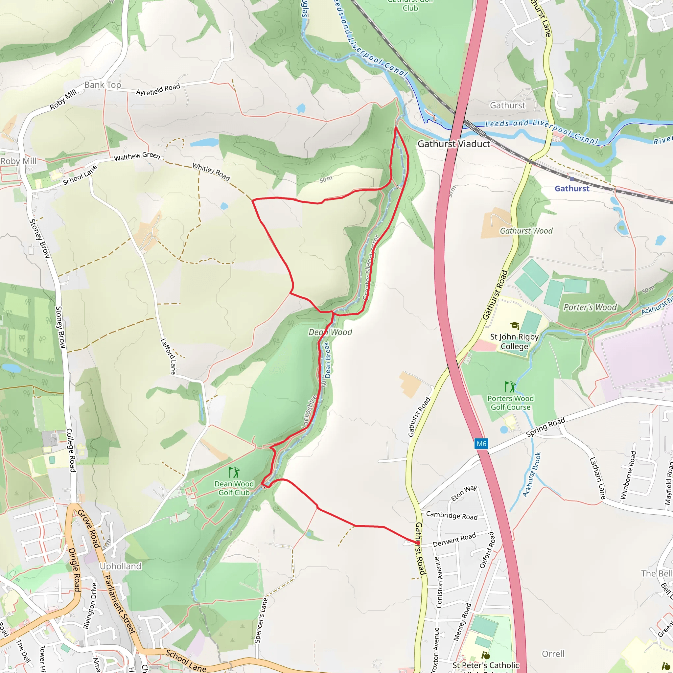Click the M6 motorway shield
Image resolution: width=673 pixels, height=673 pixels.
click(x=481, y=443)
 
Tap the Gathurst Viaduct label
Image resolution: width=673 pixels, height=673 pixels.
click(x=453, y=144)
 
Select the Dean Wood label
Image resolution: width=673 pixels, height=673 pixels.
click(x=330, y=332)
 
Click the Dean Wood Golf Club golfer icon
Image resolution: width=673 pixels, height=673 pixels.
click(x=234, y=472)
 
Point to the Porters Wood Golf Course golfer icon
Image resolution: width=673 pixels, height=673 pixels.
click(x=510, y=387)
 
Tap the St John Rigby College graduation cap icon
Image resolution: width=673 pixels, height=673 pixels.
click(x=515, y=326)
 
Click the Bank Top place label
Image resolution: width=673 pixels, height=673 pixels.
click(x=103, y=85)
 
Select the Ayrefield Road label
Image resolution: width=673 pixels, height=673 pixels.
click(x=158, y=89)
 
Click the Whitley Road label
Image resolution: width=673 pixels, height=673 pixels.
click(x=211, y=172)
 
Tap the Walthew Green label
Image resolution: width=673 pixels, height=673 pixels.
click(x=137, y=157)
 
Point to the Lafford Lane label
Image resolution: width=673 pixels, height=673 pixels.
click(x=168, y=356)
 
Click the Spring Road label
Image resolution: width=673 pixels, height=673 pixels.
click(x=545, y=428)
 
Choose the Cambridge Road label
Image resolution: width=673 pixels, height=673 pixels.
click(x=452, y=515)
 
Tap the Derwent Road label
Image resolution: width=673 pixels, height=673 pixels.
click(x=454, y=540)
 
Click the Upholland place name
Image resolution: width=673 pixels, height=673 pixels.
click(x=121, y=567)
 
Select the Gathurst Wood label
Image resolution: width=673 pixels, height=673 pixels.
click(x=526, y=231)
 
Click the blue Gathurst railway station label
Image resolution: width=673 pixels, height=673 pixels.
click(x=572, y=188)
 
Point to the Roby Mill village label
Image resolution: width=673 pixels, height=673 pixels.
click(x=18, y=161)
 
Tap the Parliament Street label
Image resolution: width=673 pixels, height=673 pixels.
click(x=120, y=604)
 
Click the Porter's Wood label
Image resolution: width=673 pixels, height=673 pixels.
click(x=590, y=307)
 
